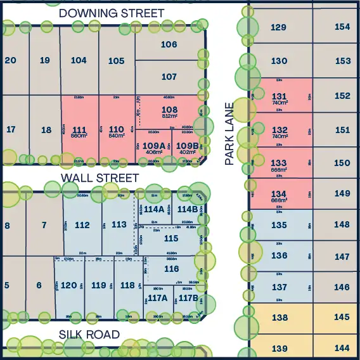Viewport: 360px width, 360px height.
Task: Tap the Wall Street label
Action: (100, 177)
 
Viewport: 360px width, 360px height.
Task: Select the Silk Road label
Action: (89, 334)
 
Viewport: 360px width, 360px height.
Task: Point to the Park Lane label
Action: (229, 133)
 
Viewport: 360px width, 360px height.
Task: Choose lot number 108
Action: (169, 110)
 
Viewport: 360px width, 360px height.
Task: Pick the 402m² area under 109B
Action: (187, 152)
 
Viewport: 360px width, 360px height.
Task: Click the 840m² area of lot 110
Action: (117, 136)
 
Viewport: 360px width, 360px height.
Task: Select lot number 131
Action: (280, 96)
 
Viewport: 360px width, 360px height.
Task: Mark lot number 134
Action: (280, 193)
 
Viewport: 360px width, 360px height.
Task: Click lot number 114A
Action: (154, 209)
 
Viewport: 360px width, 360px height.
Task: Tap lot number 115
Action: (171, 238)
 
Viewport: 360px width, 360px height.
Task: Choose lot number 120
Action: (68, 285)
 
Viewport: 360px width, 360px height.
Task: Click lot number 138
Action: (280, 318)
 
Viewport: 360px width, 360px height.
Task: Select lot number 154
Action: (342, 27)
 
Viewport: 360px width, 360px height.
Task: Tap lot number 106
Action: (169, 44)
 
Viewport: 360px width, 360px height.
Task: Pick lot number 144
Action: (342, 348)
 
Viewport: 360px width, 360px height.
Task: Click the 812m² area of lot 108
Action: (169, 117)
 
